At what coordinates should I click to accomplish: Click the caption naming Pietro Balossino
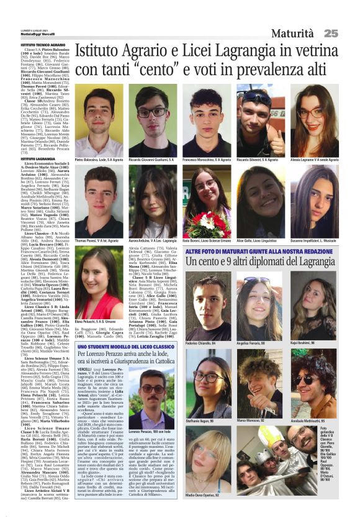click(x=99, y=160)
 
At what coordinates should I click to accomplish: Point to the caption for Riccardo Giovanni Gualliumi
click(x=153, y=160)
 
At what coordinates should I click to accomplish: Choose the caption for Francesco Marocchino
click(x=206, y=160)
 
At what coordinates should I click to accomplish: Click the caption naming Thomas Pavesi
click(x=99, y=240)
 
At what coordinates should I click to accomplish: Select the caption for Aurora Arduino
click(x=153, y=240)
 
